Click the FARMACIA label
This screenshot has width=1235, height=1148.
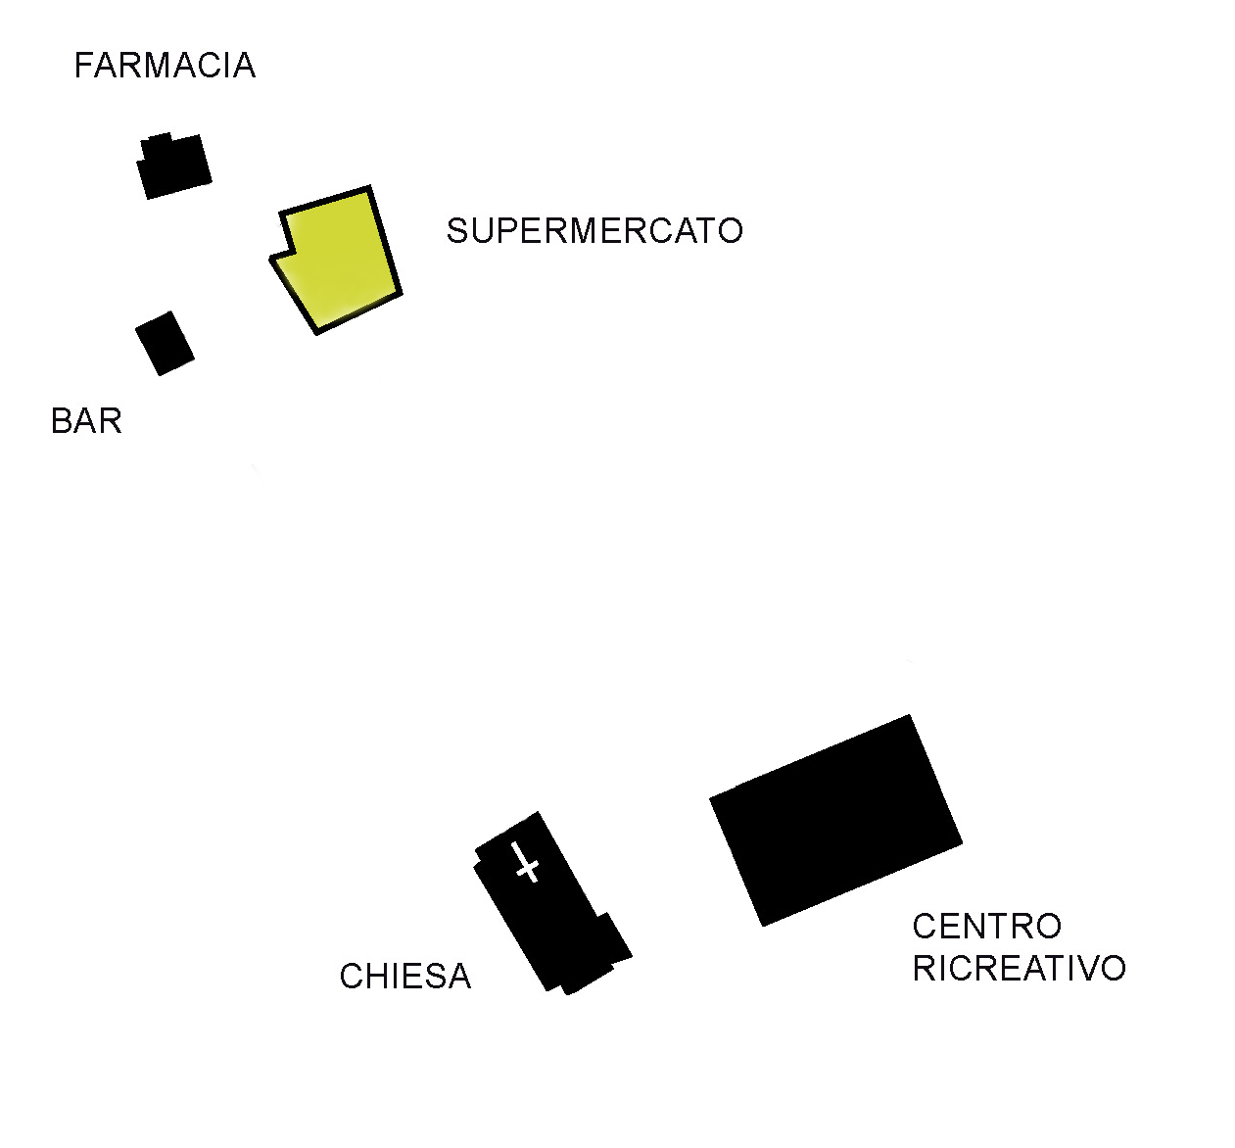(x=165, y=66)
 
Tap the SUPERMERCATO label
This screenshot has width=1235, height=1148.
(x=594, y=231)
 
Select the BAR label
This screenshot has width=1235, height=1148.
(x=86, y=421)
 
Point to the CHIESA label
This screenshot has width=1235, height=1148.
(x=404, y=976)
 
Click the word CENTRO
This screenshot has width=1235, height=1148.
(x=987, y=927)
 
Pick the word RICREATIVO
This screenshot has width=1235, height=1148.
(x=1020, y=969)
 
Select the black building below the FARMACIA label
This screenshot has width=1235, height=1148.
(x=174, y=167)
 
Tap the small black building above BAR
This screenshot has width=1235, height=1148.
(x=165, y=344)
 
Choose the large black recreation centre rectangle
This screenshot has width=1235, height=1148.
(x=835, y=820)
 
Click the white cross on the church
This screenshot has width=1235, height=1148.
(x=526, y=862)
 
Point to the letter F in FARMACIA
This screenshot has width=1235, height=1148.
(x=84, y=66)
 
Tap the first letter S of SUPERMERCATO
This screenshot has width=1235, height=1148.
(x=457, y=231)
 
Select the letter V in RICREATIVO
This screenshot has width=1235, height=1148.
(x=1089, y=969)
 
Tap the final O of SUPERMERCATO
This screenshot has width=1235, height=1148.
(x=731, y=231)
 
